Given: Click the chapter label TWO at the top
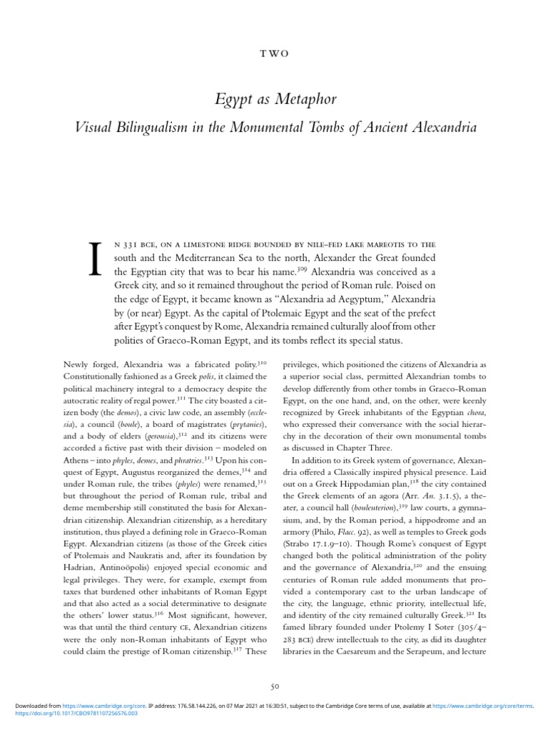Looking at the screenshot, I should tap(274, 54).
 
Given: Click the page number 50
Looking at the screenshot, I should tap(274, 686).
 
